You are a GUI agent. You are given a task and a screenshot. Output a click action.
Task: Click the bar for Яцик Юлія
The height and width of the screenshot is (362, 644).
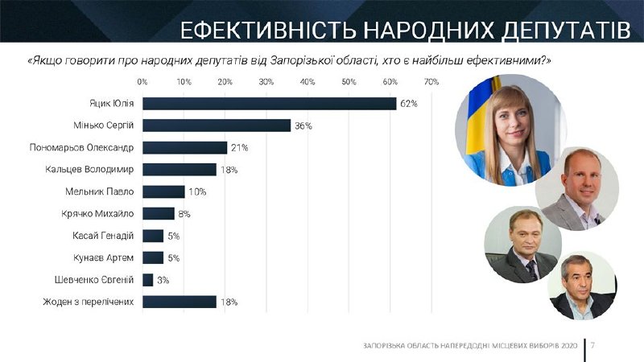coord(270,104)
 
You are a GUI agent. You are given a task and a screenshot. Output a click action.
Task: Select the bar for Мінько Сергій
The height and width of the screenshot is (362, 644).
coord(217,125)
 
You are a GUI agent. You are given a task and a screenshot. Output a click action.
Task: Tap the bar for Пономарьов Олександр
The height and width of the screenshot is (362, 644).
coord(185,148)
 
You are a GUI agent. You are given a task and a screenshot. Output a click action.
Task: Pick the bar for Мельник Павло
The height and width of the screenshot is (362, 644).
coord(163,191)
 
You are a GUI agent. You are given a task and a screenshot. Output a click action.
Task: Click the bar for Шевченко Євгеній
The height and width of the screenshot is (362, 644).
coord(148,280)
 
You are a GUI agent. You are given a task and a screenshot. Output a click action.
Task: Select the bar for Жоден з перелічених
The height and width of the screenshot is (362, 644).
coord(180,302)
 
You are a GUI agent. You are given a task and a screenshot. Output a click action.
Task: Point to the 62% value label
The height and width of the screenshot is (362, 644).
coord(409,104)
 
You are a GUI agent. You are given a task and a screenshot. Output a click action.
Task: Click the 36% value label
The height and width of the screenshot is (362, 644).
coord(303,126)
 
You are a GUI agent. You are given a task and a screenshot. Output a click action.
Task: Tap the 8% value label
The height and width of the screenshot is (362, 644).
coord(184,214)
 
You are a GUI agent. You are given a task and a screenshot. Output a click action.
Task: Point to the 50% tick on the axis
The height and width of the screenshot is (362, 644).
coord(349,82)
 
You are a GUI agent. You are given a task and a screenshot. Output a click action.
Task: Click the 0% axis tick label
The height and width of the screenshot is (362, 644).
coord(142,82)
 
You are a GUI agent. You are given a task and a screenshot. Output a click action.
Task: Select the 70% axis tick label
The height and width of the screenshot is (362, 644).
coord(431,82)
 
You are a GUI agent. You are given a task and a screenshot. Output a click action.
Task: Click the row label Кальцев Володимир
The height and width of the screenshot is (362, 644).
coord(89,170)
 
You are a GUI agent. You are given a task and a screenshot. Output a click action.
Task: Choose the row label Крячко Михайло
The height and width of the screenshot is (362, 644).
coord(97,214)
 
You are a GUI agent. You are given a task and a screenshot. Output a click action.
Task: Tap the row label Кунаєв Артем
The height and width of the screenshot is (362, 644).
coord(102,257)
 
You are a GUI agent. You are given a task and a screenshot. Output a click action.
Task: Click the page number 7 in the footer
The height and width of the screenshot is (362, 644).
coord(592,345)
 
